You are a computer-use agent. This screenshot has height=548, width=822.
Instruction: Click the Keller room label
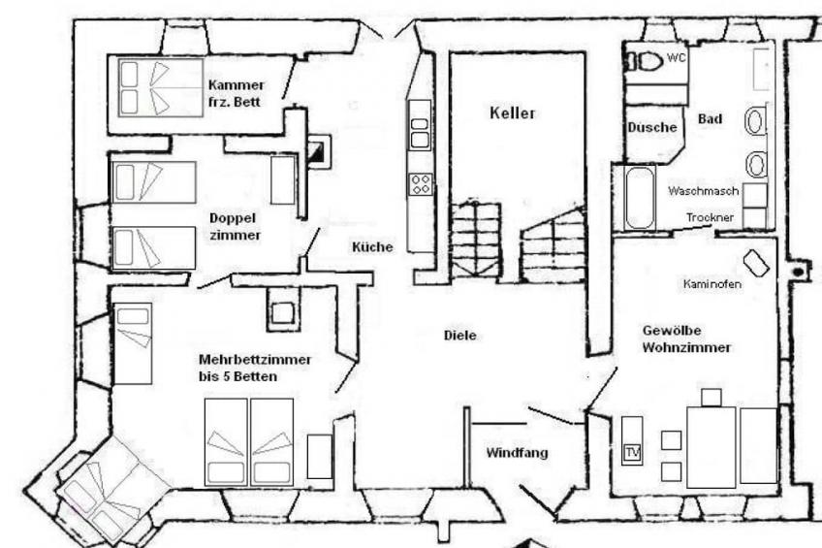click(x=512, y=113)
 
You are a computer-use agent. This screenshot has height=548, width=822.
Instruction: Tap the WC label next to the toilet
click(x=676, y=57)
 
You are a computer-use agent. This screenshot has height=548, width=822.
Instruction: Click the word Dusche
click(x=652, y=127)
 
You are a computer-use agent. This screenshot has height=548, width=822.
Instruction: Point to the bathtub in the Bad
click(x=640, y=198)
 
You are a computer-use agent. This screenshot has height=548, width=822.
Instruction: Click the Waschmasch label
click(x=703, y=191)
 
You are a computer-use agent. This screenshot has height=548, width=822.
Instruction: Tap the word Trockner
click(x=711, y=217)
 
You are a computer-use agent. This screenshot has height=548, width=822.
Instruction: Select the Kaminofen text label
click(x=711, y=284)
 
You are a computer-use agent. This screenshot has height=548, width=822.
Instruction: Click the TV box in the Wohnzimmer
click(x=633, y=452)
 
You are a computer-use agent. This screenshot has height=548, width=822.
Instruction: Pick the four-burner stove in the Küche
click(x=421, y=184)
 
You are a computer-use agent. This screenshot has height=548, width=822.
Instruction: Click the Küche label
click(x=372, y=247)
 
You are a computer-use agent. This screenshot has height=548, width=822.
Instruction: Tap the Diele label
click(x=460, y=335)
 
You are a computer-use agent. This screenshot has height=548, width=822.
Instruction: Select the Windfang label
click(x=517, y=453)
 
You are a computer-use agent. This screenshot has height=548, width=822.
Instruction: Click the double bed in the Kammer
click(x=160, y=87)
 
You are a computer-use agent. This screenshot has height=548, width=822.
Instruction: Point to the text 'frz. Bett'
click(x=234, y=102)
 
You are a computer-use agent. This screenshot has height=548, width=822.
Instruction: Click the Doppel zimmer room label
click(x=235, y=227)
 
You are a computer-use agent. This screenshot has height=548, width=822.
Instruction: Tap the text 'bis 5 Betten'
click(x=238, y=376)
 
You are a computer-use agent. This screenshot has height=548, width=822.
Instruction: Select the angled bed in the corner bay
click(x=107, y=491)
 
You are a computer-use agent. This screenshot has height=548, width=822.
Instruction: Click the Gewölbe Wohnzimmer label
click(x=686, y=339)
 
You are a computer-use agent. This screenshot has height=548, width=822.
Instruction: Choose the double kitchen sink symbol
click(x=420, y=133)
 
